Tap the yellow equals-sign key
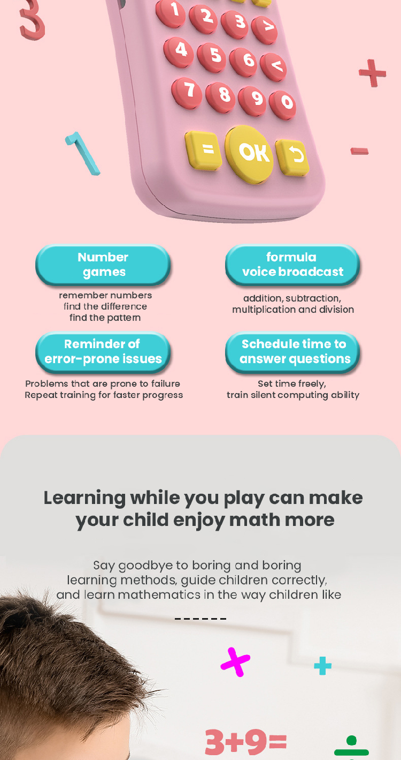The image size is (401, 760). click(203, 150)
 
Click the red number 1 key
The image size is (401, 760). click(171, 12)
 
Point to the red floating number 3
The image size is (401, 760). click(32, 20)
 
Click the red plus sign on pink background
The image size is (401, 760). click(373, 73)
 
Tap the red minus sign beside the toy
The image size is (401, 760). click(359, 151)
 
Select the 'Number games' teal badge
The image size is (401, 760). click(103, 265)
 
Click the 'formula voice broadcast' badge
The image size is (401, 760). click(292, 265)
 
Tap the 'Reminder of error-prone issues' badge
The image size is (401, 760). click(103, 352)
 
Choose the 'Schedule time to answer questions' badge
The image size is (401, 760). click(292, 352)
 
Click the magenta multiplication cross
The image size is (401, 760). click(235, 662)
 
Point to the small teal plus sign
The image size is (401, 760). click(322, 666)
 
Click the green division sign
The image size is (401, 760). click(351, 748)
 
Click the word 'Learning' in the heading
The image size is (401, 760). click(84, 499)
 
